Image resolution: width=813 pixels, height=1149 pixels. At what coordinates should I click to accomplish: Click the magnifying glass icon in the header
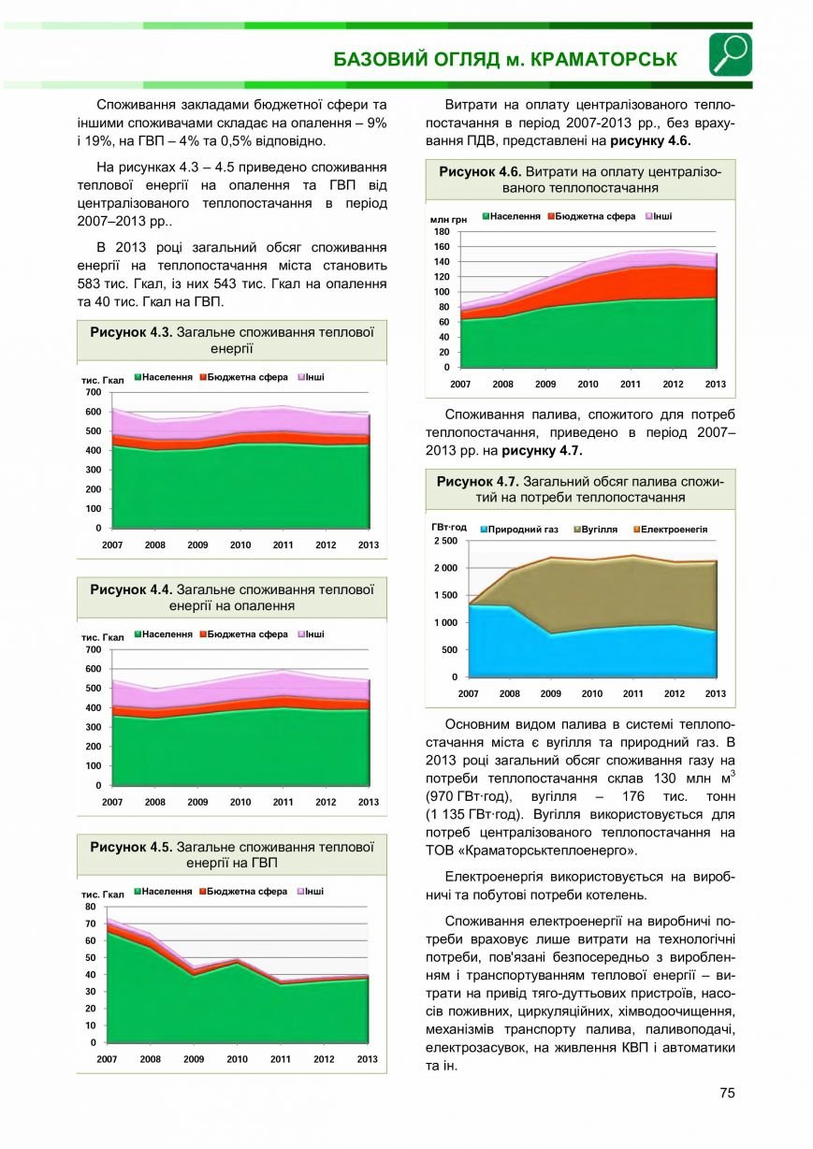[731, 54]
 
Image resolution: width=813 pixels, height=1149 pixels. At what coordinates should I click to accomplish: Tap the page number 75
[727, 1093]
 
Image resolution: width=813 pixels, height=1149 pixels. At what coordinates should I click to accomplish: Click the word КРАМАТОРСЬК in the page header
[603, 60]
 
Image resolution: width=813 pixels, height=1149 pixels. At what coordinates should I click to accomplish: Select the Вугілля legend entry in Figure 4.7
[596, 530]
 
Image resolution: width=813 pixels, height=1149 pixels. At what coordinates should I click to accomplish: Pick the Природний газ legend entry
[519, 530]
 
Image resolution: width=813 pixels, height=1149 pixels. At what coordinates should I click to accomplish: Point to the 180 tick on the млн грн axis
[442, 232]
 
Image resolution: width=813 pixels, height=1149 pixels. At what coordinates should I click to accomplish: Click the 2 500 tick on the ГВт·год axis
[445, 541]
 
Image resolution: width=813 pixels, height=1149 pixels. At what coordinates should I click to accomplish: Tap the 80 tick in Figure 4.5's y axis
[90, 907]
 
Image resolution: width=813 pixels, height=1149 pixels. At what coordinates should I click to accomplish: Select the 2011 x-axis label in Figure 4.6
[631, 385]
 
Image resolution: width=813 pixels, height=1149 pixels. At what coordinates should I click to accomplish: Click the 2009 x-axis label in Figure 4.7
[550, 694]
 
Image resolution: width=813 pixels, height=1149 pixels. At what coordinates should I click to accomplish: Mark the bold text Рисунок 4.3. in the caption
[131, 332]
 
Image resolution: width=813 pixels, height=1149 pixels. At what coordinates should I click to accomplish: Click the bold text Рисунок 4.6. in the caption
[480, 172]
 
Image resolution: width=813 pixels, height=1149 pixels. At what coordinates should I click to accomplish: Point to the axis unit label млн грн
[448, 220]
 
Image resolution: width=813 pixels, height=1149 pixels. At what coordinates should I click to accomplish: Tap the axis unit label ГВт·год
[449, 528]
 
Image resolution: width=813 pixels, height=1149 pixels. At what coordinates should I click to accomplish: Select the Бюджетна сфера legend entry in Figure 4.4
[243, 634]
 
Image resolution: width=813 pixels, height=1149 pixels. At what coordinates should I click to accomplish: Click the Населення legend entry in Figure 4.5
[163, 892]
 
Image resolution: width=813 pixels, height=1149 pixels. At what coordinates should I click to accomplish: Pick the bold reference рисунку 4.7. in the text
[543, 451]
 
